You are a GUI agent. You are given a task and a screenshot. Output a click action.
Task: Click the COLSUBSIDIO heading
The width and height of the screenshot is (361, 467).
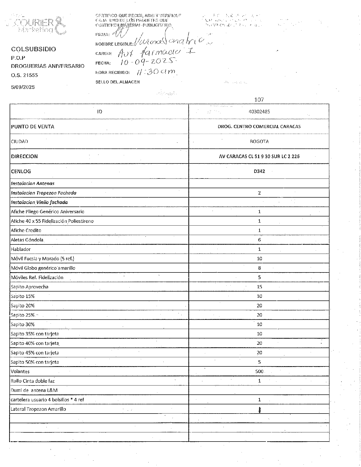click(33, 49)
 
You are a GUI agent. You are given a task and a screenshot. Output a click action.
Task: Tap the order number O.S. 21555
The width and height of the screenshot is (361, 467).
click(24, 75)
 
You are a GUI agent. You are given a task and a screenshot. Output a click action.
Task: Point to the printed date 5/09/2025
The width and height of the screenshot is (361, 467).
click(23, 87)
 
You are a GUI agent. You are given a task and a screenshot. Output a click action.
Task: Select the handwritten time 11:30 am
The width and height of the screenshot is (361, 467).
click(156, 72)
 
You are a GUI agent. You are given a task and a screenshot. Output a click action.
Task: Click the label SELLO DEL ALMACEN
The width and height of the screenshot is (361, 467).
click(117, 82)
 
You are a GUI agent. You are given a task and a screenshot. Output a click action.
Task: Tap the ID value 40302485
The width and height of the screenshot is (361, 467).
click(259, 112)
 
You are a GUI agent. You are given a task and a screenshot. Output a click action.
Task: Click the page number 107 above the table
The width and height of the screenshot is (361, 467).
click(259, 100)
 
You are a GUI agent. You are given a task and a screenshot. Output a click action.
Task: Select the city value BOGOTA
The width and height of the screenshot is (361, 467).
click(259, 142)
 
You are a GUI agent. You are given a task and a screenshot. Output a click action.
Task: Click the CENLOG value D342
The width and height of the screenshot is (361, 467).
click(259, 171)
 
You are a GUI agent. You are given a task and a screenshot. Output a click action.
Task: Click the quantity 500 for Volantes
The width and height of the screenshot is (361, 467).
click(259, 372)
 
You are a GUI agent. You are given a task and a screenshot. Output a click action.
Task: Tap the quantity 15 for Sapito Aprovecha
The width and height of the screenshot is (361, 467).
click(259, 287)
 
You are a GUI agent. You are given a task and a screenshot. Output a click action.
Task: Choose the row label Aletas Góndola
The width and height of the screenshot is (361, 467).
click(27, 240)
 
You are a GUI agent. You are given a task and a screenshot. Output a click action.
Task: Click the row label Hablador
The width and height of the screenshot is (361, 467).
click(21, 249)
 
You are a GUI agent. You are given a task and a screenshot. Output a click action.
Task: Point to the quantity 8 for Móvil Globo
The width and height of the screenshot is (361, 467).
click(259, 268)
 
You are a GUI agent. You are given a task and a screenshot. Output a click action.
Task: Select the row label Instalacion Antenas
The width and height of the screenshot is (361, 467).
click(33, 183)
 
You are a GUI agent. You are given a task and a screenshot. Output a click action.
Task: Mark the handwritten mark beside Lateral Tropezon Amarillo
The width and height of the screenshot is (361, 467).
click(259, 410)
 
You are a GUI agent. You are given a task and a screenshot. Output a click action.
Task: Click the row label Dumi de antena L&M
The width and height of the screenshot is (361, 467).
click(34, 390)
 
